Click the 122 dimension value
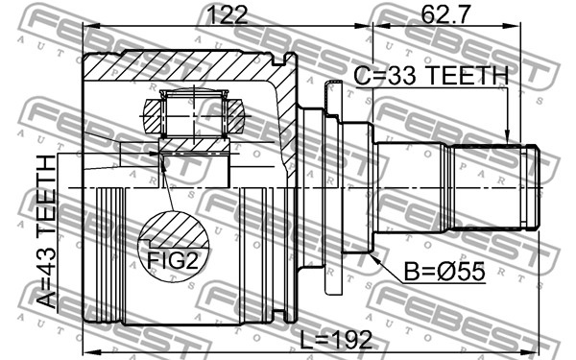point(228,15)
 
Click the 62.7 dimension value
point(445,15)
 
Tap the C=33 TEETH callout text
point(431,76)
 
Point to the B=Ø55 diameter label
point(444,272)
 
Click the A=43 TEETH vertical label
point(47,231)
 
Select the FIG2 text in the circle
point(173,261)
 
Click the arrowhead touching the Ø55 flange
point(375,258)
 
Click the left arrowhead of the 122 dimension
point(91,26)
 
